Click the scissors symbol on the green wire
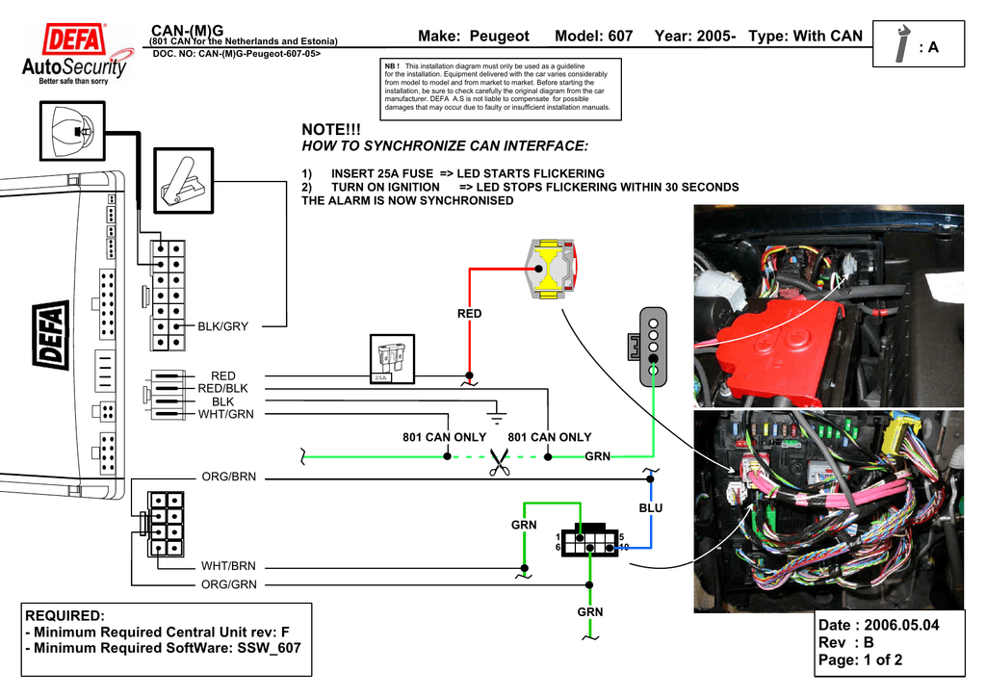coord(499,462)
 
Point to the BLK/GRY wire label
coord(223,326)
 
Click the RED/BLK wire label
coord(223,388)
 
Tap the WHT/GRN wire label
coord(227,415)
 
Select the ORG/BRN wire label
coord(228,477)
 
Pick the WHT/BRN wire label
coord(228,567)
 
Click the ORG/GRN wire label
coord(228,584)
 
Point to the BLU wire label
coord(651,508)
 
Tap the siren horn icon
coord(73,131)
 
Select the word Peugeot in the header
coord(500,36)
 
